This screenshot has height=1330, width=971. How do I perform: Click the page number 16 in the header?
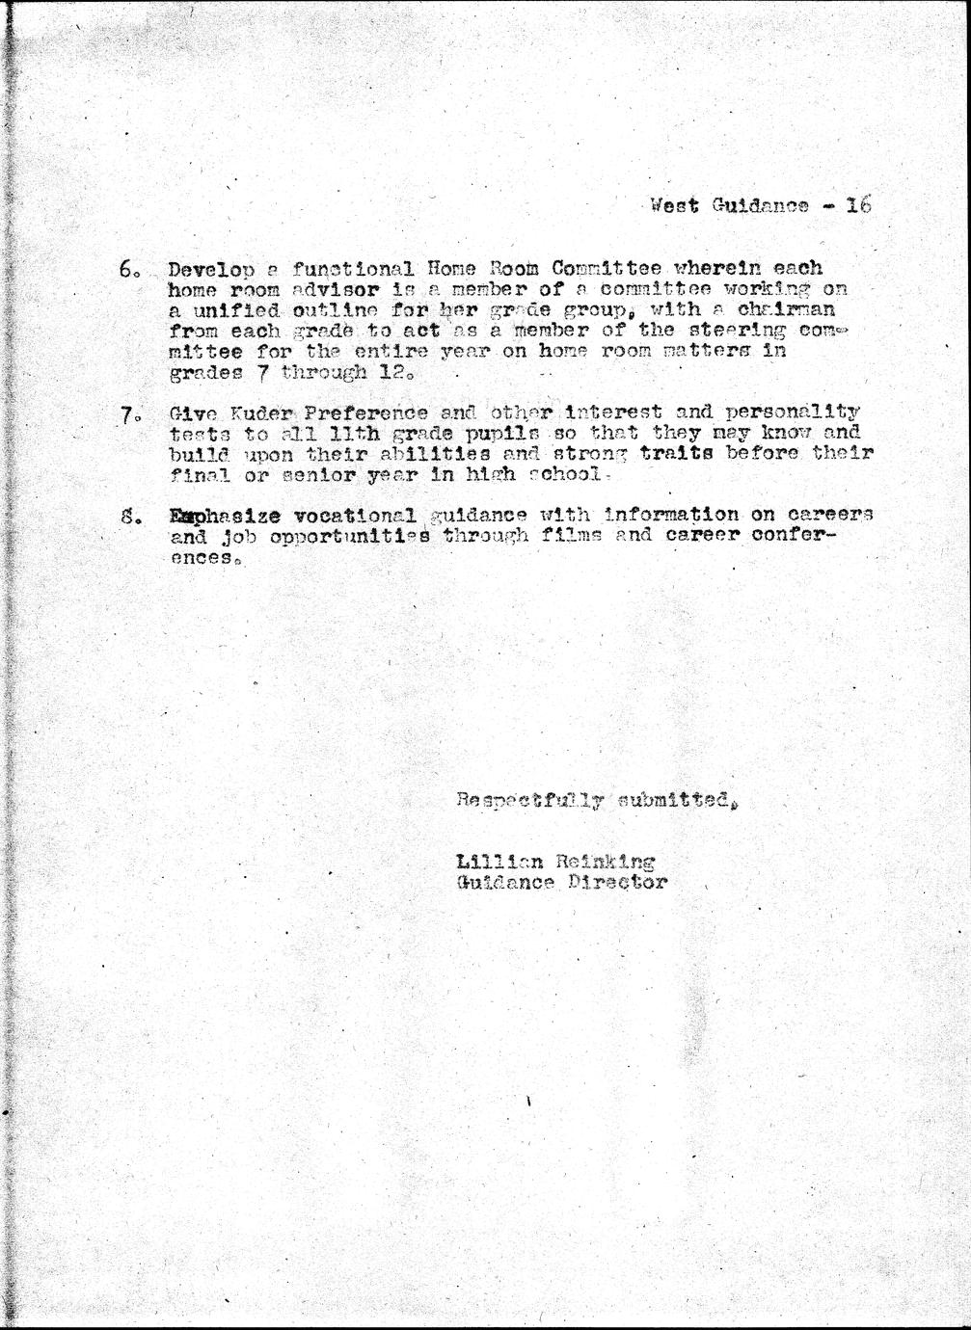coord(857,204)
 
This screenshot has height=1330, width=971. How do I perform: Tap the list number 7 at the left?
coord(130,416)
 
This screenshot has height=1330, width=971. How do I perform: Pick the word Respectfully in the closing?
coord(529,798)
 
